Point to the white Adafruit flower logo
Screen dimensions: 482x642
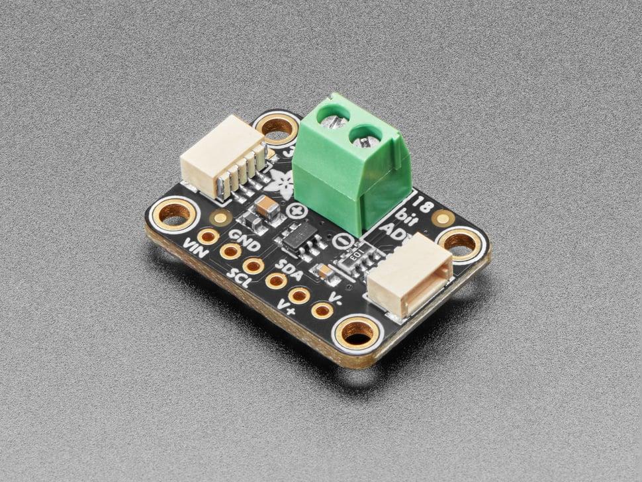tap(279, 183)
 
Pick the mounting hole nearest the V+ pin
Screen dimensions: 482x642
tap(357, 333)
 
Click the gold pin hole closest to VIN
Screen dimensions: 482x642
tap(208, 236)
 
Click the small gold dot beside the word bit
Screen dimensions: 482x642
tap(443, 218)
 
